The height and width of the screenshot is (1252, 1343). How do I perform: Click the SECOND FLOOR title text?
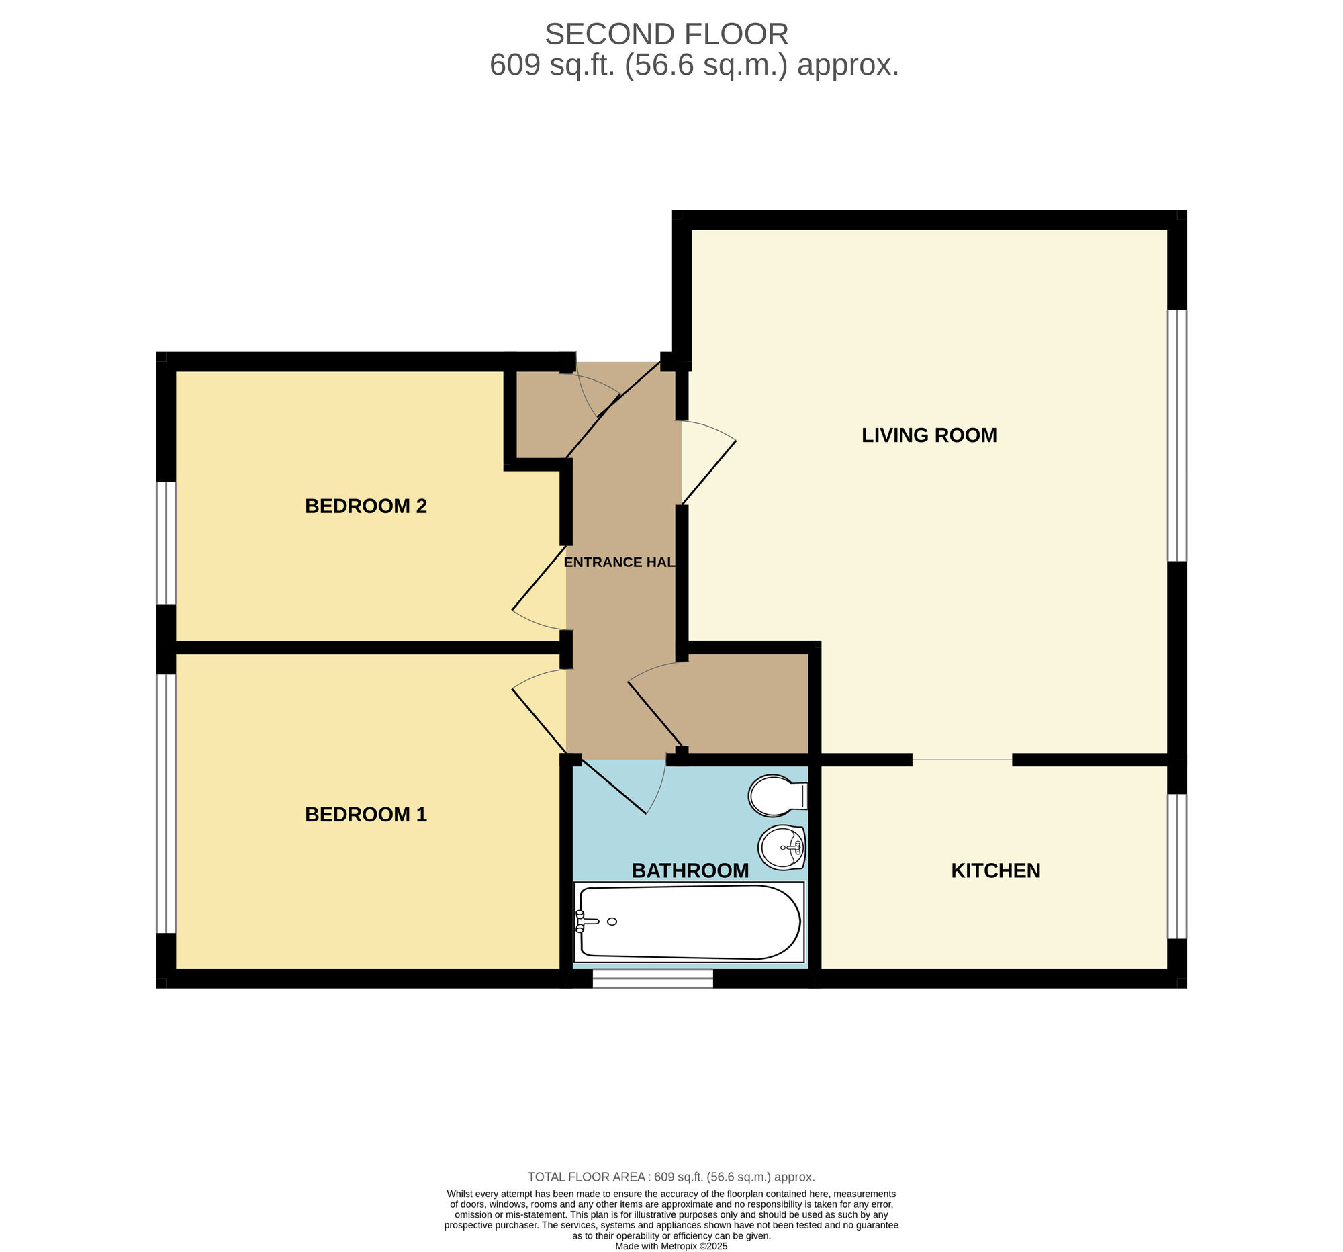point(666,34)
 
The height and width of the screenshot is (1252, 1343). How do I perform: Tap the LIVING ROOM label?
point(929,435)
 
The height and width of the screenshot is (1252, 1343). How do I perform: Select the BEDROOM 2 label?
point(365,506)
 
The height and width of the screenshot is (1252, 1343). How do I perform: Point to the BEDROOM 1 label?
point(365,815)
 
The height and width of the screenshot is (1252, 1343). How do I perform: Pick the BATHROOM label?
point(690,871)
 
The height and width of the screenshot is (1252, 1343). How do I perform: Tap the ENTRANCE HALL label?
point(619,562)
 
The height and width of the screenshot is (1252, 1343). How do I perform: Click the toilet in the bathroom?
point(776,795)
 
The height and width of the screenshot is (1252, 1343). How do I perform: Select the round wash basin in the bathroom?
point(782,848)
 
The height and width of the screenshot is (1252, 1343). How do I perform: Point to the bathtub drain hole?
point(612,922)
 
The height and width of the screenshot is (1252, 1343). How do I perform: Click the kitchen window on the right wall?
point(1177,866)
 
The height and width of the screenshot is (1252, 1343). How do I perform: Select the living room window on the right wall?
point(1177,436)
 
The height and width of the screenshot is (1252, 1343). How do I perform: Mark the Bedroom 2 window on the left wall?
point(166,543)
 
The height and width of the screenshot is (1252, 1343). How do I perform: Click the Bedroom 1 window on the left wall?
point(166,803)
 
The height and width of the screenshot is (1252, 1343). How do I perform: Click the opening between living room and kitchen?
point(962,760)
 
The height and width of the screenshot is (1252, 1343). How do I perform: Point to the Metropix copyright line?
point(671,1246)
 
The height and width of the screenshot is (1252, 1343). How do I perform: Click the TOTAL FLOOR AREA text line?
point(671,1177)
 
